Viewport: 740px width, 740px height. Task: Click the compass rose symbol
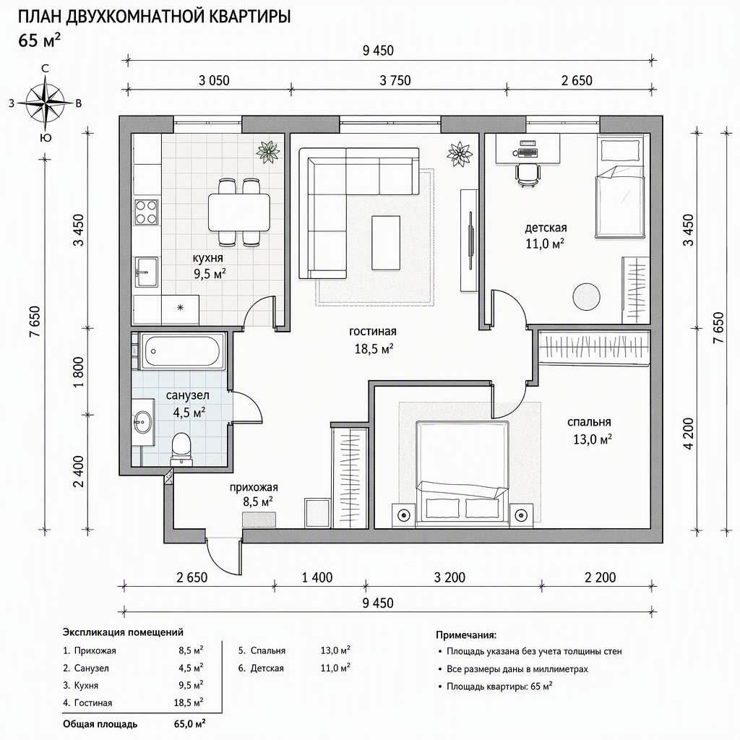pos(46,103)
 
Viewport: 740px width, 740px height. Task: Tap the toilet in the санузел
pos(181,449)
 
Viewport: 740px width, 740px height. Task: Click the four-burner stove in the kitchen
pos(146,212)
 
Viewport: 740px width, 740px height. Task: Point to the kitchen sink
pos(147,272)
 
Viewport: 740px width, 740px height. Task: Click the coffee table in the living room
pos(386,243)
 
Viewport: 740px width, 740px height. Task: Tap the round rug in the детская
pos(587,296)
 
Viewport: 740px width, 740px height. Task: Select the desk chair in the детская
pos(527,175)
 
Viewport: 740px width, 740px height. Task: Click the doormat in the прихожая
pos(258,519)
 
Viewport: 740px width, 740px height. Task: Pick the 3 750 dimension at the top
pos(395,81)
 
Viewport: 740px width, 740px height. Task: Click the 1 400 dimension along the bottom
pos(317,577)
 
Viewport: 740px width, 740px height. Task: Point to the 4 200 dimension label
pos(689,434)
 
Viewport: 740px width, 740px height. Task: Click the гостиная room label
pos(373,331)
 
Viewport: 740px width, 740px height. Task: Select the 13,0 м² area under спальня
pos(593,439)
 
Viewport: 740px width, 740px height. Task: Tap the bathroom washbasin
pos(143,421)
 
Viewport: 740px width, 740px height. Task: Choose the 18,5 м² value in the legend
pos(189,702)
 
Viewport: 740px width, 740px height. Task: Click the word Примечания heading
pos(466,634)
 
